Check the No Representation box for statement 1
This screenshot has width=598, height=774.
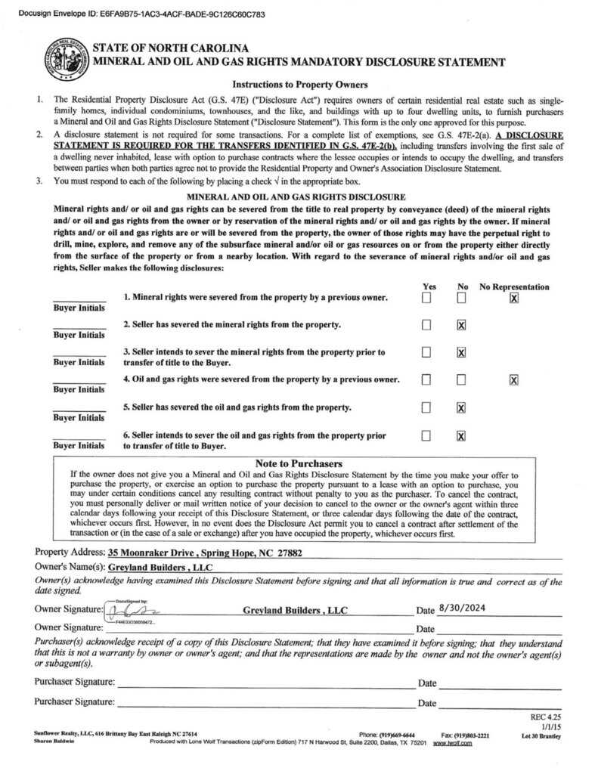[514, 299]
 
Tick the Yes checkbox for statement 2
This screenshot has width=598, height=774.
[426, 325]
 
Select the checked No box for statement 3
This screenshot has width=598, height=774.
[461, 352]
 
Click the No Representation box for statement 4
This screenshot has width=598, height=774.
[514, 379]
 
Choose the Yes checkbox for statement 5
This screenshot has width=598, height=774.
[426, 407]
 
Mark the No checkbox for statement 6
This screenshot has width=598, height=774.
[461, 435]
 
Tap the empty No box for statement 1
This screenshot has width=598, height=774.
[461, 299]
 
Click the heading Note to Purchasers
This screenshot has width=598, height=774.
[299, 463]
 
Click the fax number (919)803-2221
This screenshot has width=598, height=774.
[466, 734]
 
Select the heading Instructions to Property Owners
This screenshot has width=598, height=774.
[299, 85]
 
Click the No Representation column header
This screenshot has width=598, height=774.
[514, 287]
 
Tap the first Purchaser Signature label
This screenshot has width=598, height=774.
[75, 682]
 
